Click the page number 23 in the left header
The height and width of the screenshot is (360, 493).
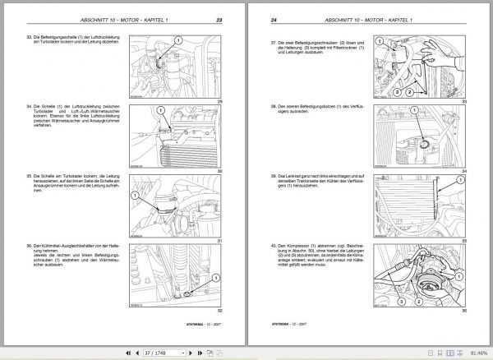(x=219, y=18)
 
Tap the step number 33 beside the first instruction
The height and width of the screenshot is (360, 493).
(x=30, y=39)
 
